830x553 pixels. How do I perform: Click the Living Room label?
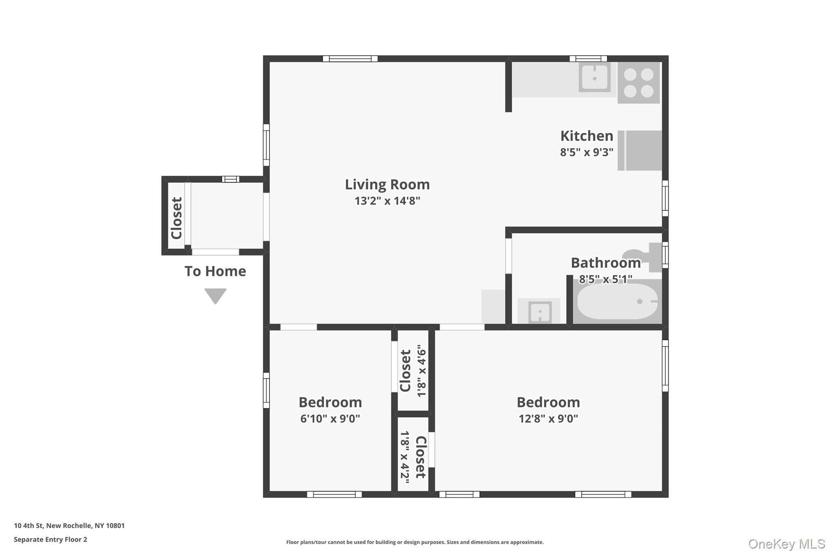click(387, 185)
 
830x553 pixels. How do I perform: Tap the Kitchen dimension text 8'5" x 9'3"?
click(586, 152)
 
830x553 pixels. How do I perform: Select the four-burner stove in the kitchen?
click(639, 83)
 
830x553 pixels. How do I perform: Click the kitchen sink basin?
click(595, 77)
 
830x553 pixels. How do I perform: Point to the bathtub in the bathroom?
click(617, 301)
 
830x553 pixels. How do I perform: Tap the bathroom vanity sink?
click(539, 311)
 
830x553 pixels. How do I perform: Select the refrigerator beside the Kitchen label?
click(640, 150)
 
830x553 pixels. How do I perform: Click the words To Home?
click(215, 271)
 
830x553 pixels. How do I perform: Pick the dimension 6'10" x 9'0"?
click(330, 418)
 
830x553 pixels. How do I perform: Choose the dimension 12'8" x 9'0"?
click(548, 418)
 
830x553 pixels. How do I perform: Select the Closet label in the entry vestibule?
click(177, 218)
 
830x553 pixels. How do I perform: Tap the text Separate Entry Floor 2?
click(51, 539)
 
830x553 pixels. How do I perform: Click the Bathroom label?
click(606, 263)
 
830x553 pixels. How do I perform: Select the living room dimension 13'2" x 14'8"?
click(387, 201)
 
